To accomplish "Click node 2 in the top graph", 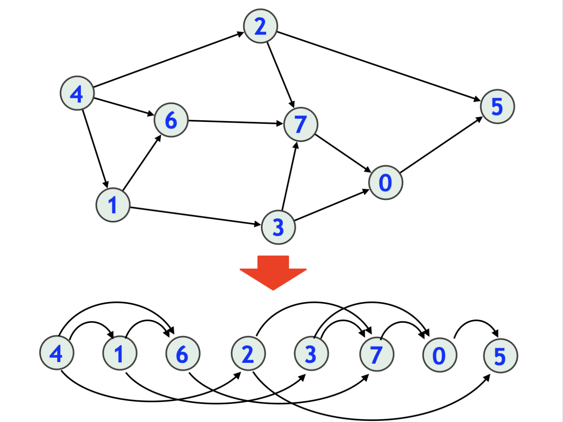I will pos(261,26).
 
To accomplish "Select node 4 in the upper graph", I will pos(77,93).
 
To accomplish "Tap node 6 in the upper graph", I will pos(171,120).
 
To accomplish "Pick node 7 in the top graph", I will pos(300,124).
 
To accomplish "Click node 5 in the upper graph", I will pos(497,107).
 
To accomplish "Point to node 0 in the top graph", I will pos(385,183).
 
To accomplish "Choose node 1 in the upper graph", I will pos(113,205).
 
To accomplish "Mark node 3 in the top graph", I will pos(278,227).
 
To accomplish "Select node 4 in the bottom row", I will pos(57,353).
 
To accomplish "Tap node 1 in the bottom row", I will pos(119,353).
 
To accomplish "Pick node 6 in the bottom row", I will pos(183,354).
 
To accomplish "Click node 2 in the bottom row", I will pos(248,354).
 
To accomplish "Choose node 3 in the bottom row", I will pos(311,354).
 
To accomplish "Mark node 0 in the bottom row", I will pos(440,355).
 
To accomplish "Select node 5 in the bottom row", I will pos(500,356).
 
